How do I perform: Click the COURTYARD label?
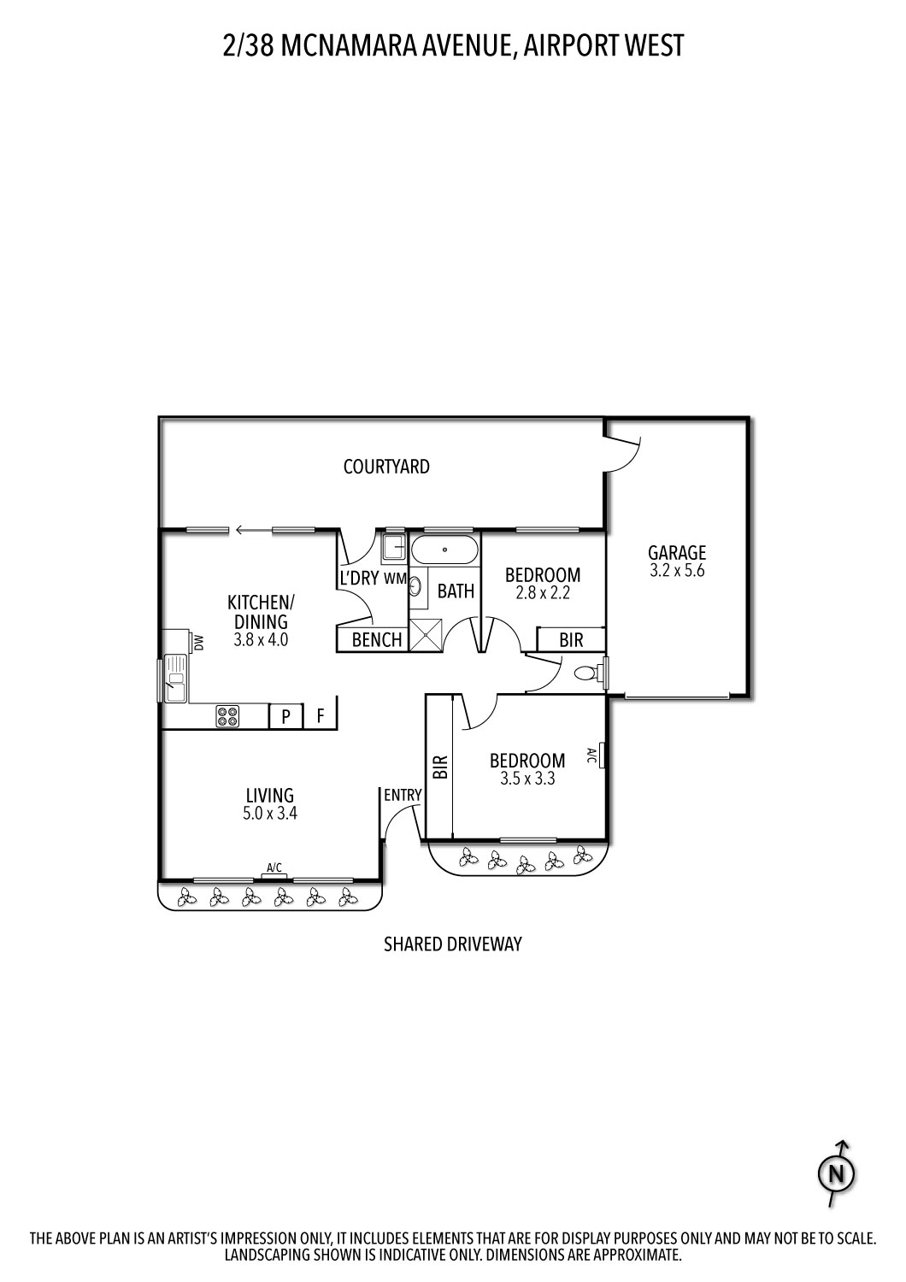(386, 467)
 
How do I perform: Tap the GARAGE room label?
(677, 553)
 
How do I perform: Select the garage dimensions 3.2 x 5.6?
(677, 571)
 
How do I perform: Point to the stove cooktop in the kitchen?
(227, 716)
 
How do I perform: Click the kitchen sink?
(176, 679)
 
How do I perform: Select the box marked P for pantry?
(286, 716)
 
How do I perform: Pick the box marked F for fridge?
(321, 716)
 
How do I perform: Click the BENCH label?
(377, 640)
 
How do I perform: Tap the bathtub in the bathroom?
(444, 550)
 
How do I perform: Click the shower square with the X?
(427, 635)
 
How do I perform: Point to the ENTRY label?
(403, 795)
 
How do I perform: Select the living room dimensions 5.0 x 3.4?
(270, 814)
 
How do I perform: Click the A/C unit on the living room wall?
(274, 873)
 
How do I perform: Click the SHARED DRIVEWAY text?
(452, 944)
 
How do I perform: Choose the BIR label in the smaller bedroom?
(571, 639)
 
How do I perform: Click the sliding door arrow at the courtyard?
(250, 531)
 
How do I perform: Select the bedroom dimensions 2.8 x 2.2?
(543, 593)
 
